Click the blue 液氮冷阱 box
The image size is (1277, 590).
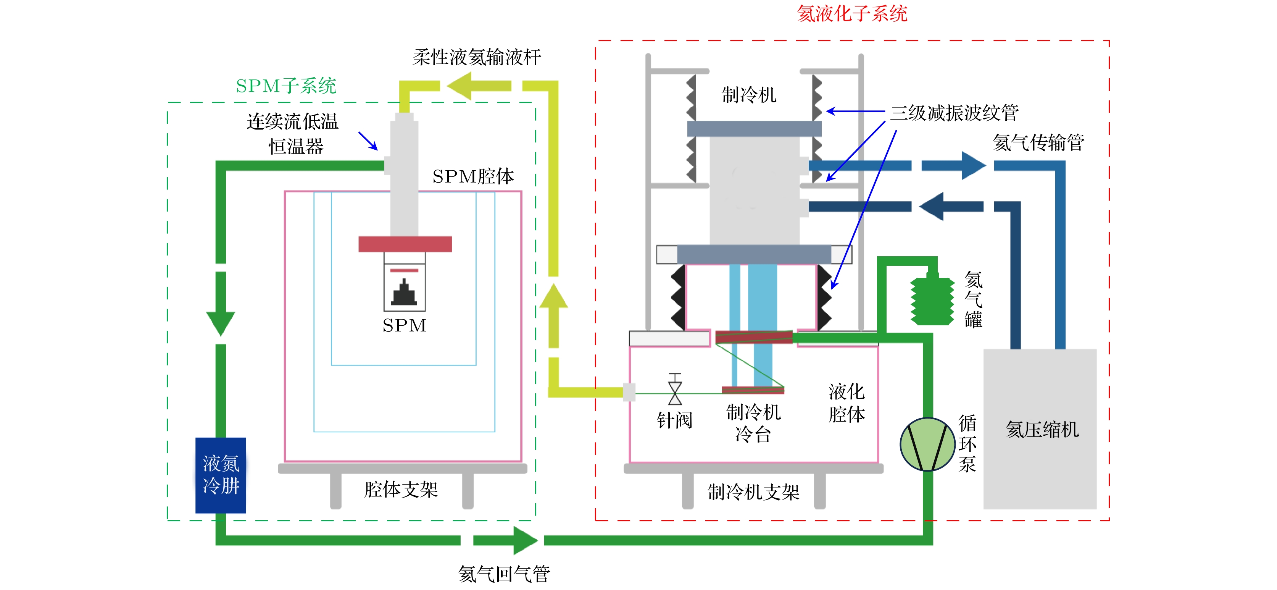point(221,475)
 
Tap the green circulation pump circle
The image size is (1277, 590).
point(927,444)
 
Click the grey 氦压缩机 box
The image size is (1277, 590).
point(1040,429)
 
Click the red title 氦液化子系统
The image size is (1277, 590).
point(852,13)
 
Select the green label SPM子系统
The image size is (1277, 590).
point(286,86)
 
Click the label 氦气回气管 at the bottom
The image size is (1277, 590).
point(504,574)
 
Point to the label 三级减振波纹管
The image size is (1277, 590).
point(954,113)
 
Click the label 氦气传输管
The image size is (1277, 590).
point(1038,143)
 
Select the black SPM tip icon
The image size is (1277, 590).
point(405,293)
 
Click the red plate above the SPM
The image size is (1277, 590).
point(405,244)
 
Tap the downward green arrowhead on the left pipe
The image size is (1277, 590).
point(221,323)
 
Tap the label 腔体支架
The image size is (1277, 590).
point(401,490)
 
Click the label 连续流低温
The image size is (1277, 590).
point(292,121)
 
